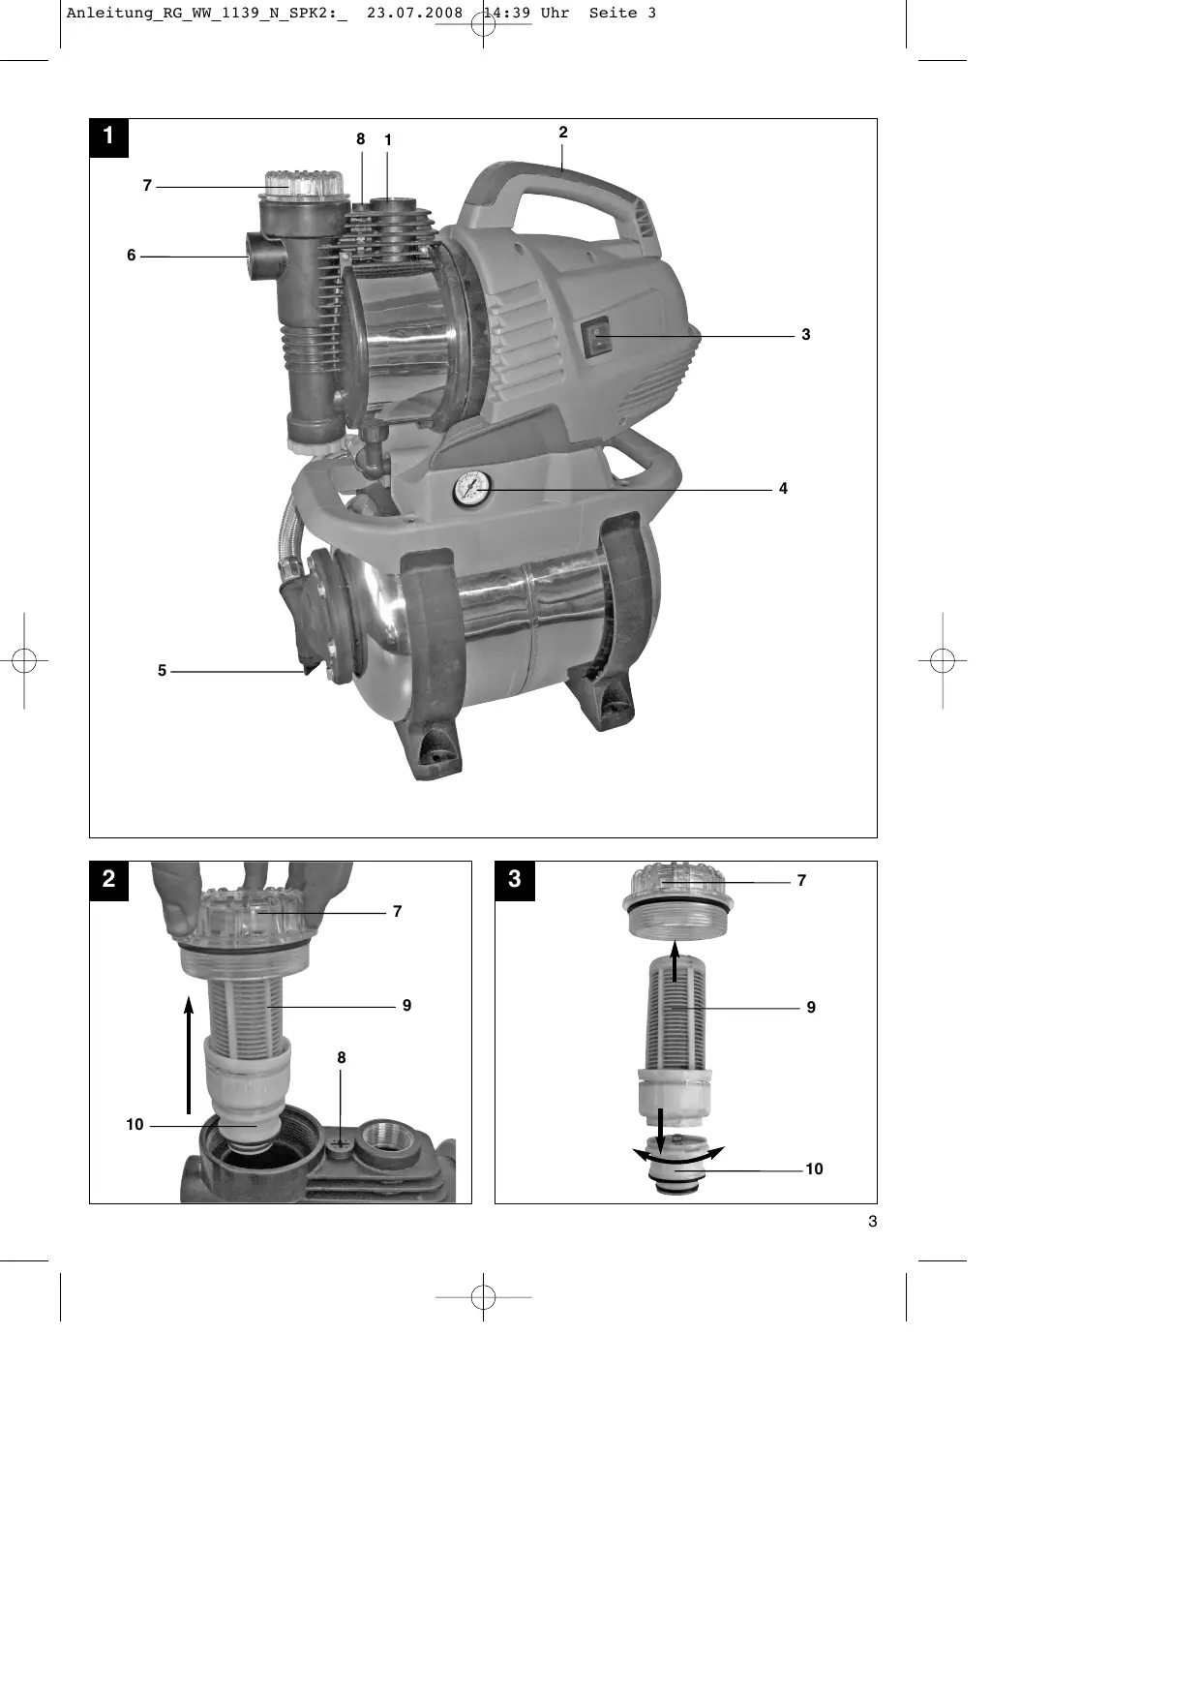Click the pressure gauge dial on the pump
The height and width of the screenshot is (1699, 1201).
click(471, 489)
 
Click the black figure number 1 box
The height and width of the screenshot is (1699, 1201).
click(108, 137)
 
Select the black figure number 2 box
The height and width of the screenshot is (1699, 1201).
click(108, 880)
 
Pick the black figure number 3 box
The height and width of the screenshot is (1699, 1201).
click(514, 880)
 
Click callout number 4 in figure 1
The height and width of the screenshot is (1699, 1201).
click(783, 489)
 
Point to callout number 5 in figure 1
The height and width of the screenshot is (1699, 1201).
click(162, 670)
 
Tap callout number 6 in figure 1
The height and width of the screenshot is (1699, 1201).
click(132, 256)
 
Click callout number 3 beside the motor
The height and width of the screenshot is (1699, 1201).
click(805, 335)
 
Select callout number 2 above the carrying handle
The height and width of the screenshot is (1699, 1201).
click(562, 133)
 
